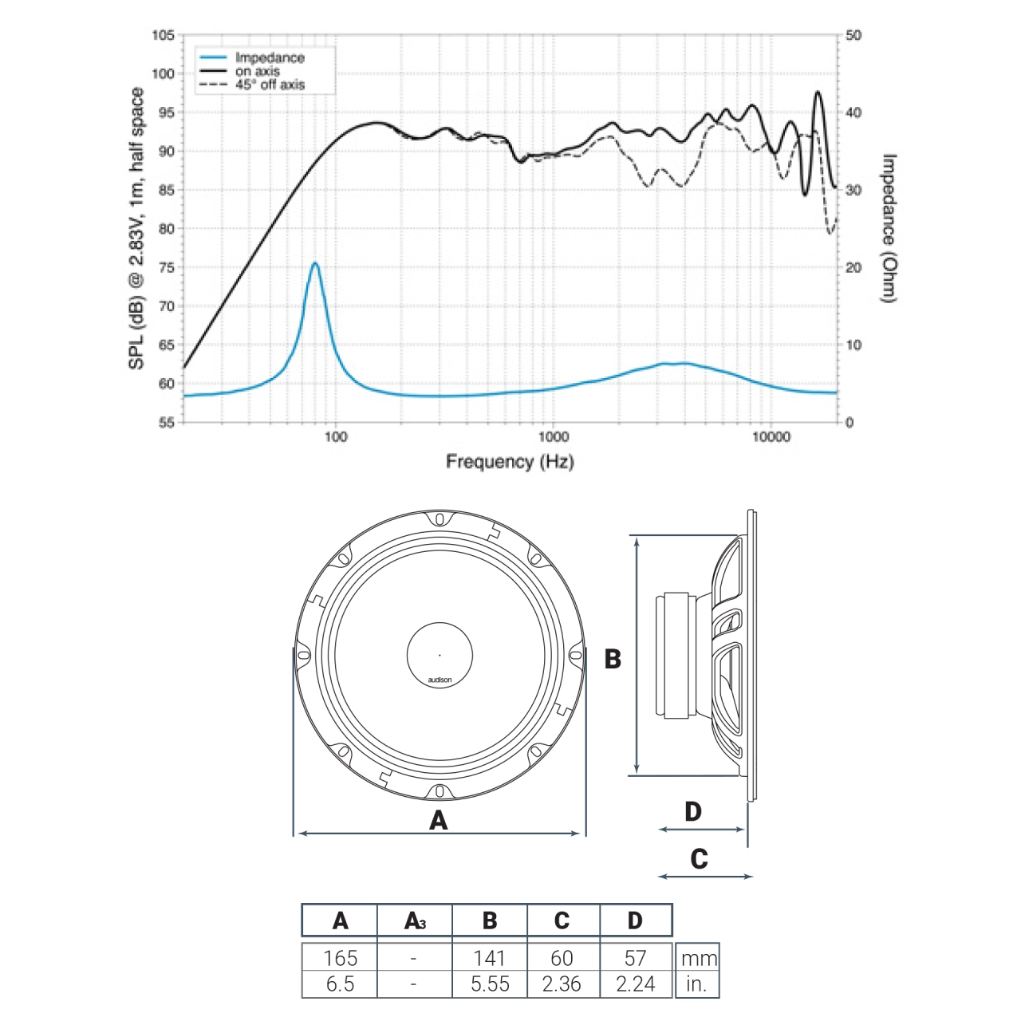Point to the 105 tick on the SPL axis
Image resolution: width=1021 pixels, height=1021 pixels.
(x=163, y=35)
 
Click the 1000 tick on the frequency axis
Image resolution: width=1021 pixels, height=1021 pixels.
(x=554, y=436)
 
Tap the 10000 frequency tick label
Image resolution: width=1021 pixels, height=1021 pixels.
(x=771, y=436)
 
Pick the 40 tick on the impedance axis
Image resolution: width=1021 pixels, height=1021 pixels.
(x=853, y=112)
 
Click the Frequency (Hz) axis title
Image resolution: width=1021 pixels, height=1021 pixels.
(x=510, y=461)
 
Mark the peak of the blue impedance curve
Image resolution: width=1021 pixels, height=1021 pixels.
(x=315, y=263)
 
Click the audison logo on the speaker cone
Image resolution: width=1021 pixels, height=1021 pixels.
(x=440, y=680)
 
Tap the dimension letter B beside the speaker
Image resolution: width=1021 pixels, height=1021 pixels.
(x=613, y=659)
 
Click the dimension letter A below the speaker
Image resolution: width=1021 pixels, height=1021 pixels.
(x=439, y=820)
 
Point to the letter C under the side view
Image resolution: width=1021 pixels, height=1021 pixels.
(x=699, y=859)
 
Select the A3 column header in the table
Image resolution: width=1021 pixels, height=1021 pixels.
(x=415, y=920)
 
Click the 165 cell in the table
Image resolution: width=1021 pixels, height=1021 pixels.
(x=341, y=957)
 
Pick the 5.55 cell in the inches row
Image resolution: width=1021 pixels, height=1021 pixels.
(x=490, y=984)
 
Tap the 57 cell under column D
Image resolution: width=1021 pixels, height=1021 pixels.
(x=636, y=957)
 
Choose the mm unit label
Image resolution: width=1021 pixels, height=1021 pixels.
(x=699, y=958)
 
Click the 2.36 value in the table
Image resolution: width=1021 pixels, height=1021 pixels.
(x=562, y=984)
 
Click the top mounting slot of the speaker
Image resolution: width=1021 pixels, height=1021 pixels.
(x=440, y=520)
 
